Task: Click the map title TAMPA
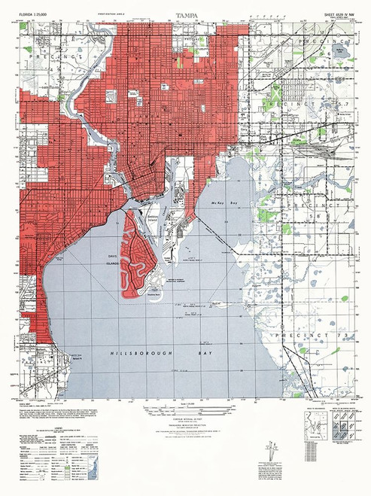tap(184, 14)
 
